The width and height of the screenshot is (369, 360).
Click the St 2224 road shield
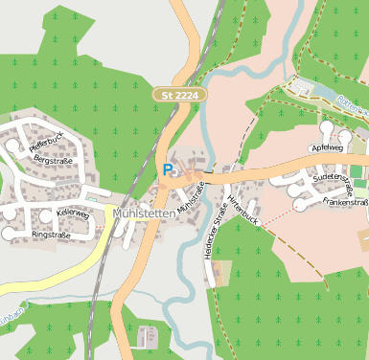[x=181, y=95]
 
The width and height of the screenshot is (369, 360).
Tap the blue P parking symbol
[x=169, y=169]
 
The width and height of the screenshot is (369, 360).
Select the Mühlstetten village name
[x=144, y=214]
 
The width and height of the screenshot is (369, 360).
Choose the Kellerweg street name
[x=73, y=214]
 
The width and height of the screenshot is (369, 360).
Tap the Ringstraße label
[x=51, y=235]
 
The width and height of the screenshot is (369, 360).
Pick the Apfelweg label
[x=327, y=148]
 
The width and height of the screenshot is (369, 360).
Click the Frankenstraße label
[x=346, y=203]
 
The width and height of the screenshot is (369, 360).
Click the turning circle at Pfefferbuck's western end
[x=12, y=146]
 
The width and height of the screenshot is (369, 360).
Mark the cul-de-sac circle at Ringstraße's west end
[x=9, y=233]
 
